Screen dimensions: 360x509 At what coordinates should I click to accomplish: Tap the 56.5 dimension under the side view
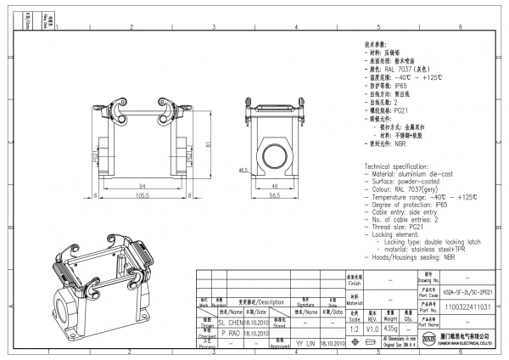(276, 194)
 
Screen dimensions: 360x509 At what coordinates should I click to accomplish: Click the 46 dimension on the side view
(276, 184)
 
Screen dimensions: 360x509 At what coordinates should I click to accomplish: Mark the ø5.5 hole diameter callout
(243, 171)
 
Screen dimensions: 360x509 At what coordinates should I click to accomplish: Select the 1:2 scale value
(353, 327)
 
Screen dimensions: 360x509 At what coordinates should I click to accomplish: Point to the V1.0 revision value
(371, 327)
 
